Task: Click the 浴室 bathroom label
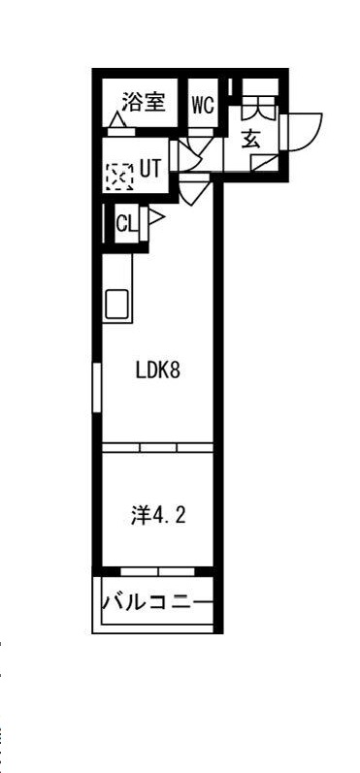point(143,103)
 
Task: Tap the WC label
point(203,105)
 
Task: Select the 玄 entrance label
point(251,139)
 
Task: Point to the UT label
point(150,170)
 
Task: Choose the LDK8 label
point(157,370)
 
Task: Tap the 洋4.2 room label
point(158,516)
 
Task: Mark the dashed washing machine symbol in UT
point(119,177)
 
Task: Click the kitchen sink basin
point(116,304)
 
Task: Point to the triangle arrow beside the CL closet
point(155,217)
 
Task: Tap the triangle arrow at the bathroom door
point(117,119)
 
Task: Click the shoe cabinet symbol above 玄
point(259,106)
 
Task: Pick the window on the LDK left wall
point(97,388)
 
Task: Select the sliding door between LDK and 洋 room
point(158,448)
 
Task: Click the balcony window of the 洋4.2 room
point(158,572)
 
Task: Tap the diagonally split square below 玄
point(264,163)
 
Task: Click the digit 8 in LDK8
point(174,370)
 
